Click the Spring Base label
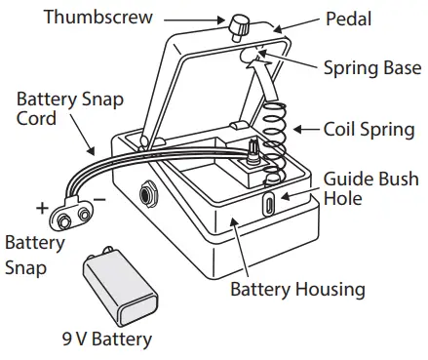[371, 69]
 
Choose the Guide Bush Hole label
[371, 188]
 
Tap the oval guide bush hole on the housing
[268, 205]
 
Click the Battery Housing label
[297, 289]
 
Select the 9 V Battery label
[112, 340]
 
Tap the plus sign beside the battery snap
[42, 207]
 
